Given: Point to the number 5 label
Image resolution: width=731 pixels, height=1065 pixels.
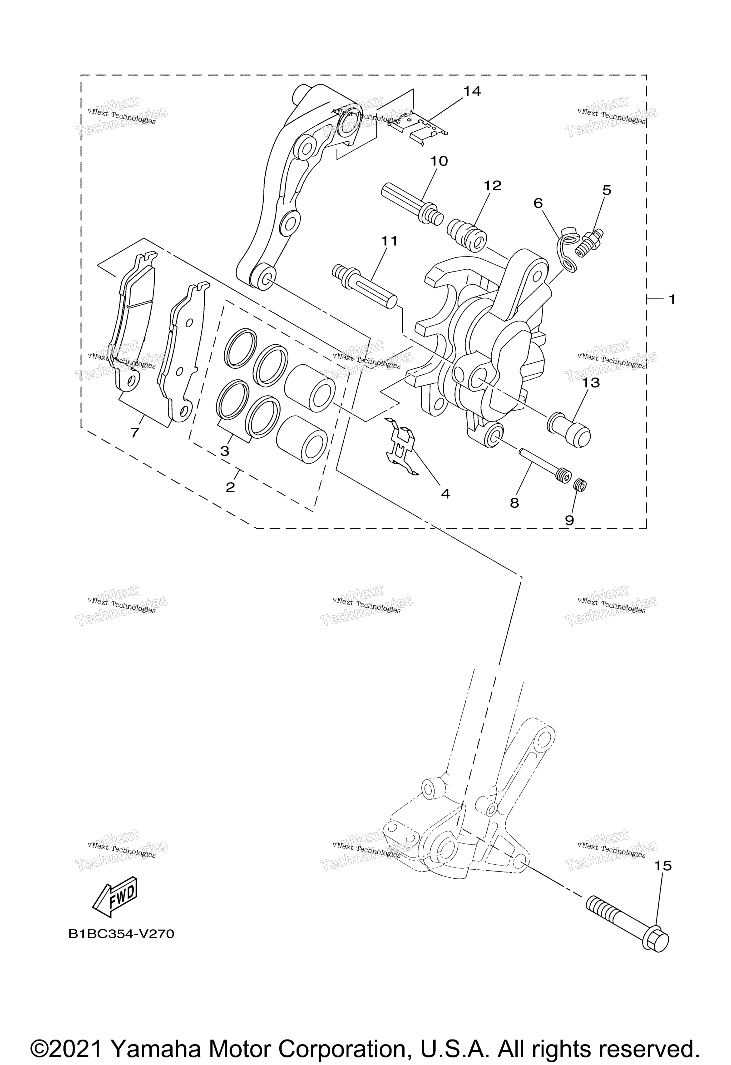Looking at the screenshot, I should tap(606, 190).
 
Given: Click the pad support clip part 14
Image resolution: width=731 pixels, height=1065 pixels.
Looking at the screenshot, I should tap(419, 128).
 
